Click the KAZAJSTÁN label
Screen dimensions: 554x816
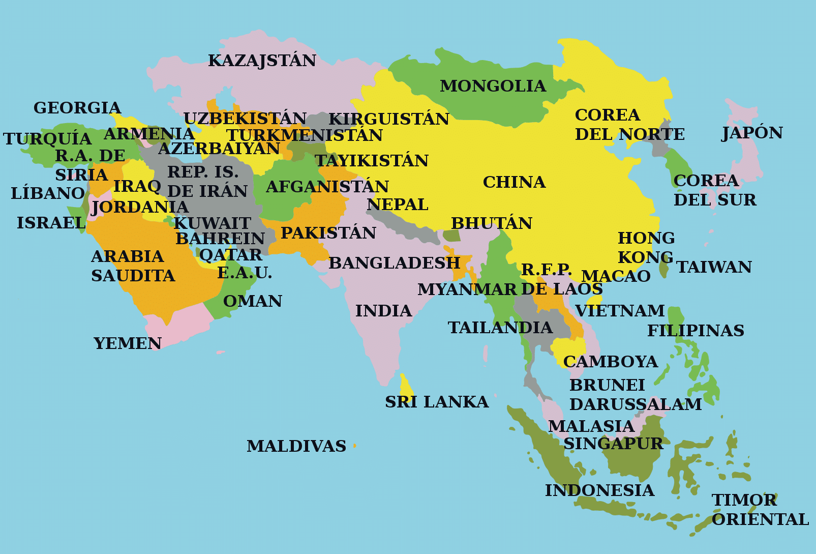pos(262,61)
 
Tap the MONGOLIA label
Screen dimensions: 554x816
pos(493,86)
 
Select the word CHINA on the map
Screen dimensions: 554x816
pos(514,182)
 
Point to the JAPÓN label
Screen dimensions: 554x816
pos(752,133)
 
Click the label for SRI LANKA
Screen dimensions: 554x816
pos(436,402)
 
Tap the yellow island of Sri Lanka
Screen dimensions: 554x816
pos(406,389)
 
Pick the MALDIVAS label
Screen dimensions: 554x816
pos(296,446)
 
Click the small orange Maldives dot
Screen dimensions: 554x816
pos(354,446)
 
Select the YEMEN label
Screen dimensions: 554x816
pos(127,343)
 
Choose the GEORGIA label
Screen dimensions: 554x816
pos(77,108)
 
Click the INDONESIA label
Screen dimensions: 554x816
pos(599,490)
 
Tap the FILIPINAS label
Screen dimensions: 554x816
pos(696,331)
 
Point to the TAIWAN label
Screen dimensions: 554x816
pos(714,267)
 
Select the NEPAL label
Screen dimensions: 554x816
pos(397,205)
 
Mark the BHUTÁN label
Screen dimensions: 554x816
pos(492,223)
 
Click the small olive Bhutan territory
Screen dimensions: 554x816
pos(451,236)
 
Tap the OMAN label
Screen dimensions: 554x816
pos(253,301)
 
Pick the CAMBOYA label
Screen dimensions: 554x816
pos(610,362)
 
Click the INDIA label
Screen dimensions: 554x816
pos(383,311)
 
